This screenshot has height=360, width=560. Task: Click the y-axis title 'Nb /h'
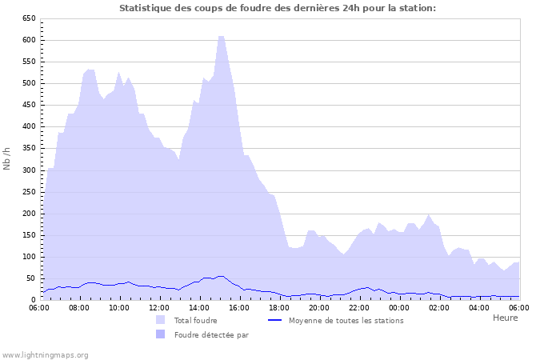coord(7,158)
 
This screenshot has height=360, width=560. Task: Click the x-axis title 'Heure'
coord(505,318)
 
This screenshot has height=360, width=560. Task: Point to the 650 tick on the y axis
coord(28,18)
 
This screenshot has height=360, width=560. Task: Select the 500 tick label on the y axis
coord(28,83)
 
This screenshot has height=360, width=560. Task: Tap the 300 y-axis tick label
coord(28,170)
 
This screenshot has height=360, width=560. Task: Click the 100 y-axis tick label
coord(28,257)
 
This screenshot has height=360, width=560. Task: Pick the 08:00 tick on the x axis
coord(79,307)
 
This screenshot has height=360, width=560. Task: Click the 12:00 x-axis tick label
coord(159,307)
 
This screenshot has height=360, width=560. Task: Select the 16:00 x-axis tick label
coord(239,307)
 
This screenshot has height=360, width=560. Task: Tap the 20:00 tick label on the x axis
coord(319,307)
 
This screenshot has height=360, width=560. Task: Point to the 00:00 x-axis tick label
coord(399,307)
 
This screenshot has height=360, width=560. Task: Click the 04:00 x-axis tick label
coord(479,307)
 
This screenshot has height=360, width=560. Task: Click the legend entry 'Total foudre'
coord(195,320)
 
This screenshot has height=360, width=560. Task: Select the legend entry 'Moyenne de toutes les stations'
coord(346,320)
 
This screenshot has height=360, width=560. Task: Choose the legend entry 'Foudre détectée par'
coord(211,334)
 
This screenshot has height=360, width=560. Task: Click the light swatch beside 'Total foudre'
coord(161,320)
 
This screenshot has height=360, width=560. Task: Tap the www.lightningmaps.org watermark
coord(45,354)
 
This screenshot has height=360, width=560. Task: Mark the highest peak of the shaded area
coord(221,36)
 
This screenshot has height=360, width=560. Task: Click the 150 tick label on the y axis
coord(28,235)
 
